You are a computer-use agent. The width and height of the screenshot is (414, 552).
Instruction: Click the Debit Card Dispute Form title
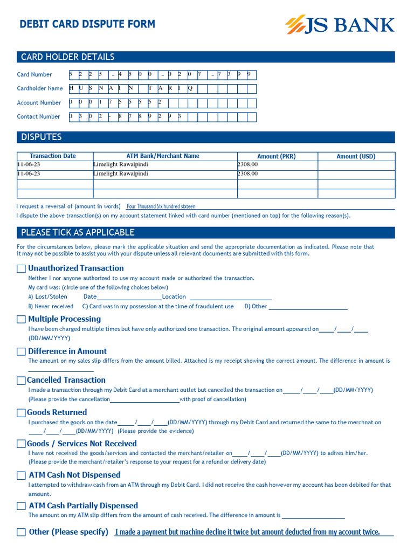tap(87, 24)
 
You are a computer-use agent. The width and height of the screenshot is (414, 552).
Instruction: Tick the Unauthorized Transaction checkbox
tap(21, 268)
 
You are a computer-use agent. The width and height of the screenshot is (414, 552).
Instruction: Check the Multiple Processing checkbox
tap(21, 320)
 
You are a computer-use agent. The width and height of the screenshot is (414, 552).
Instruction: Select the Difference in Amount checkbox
tap(21, 351)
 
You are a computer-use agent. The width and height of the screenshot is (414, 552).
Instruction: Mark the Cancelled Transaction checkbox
tap(21, 381)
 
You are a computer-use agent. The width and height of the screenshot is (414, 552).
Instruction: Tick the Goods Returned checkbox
tap(21, 413)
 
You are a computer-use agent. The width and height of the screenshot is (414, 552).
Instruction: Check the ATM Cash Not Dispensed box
tap(21, 475)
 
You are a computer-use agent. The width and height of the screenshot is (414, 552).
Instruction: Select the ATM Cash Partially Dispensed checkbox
tap(21, 506)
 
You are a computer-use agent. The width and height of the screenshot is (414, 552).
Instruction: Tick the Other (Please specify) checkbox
tap(21, 533)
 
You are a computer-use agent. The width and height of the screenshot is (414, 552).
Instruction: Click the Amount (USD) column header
tap(356, 156)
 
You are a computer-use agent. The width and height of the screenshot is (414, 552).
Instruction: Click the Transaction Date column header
tap(53, 156)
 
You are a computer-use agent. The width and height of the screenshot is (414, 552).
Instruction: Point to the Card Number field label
tap(34, 74)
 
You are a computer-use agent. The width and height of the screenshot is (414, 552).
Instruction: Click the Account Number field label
tap(39, 102)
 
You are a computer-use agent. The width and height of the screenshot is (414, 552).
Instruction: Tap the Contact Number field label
tap(38, 116)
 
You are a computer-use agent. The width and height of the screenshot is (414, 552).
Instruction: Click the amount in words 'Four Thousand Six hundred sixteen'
tap(161, 206)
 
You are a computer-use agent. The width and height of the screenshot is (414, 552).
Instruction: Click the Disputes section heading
tap(41, 137)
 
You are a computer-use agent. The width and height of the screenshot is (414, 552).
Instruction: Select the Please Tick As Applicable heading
tap(78, 233)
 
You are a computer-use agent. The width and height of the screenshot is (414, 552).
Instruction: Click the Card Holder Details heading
tap(67, 57)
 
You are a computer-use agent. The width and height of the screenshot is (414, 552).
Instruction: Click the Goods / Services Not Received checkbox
tap(21, 444)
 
